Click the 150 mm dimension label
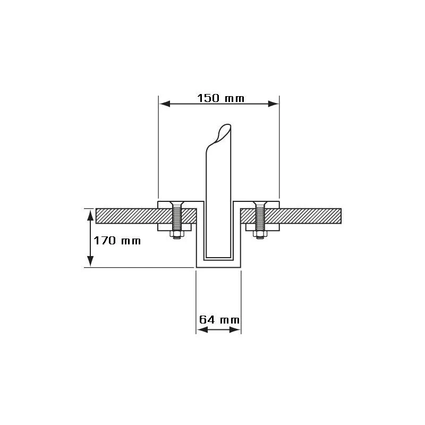pos(218,98)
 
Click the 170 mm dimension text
pos(117,241)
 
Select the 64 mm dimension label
pos(219,320)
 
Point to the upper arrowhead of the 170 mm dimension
pos(90,213)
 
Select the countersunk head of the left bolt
pos(176,205)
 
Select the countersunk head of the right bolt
pos(260,205)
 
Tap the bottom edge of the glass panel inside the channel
pos(218,258)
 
